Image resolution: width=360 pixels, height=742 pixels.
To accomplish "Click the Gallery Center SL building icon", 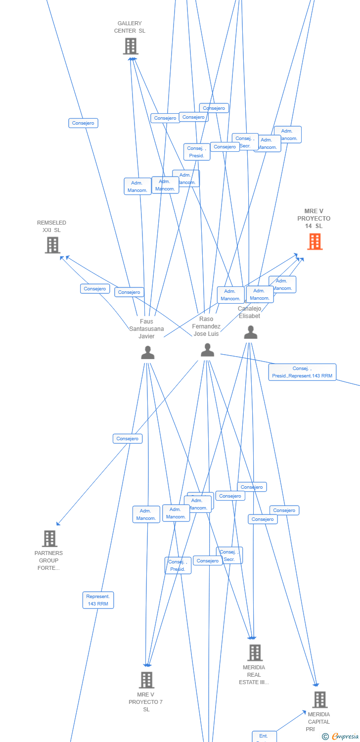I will pyautogui.click(x=131, y=46).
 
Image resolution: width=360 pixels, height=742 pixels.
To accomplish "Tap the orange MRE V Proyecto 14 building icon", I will pyautogui.click(x=315, y=241).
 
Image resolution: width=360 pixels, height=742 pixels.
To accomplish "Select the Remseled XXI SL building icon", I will pyautogui.click(x=52, y=245).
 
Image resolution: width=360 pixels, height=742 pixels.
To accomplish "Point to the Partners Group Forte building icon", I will pyautogui.click(x=49, y=539).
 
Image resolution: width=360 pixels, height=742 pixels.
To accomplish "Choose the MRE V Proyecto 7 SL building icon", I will pyautogui.click(x=146, y=680).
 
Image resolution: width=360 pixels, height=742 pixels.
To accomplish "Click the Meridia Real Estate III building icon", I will pyautogui.click(x=255, y=653).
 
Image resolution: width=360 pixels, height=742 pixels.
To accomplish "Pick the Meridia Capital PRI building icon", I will pyautogui.click(x=320, y=700).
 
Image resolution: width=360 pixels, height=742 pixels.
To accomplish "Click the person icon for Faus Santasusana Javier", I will pyautogui.click(x=147, y=352).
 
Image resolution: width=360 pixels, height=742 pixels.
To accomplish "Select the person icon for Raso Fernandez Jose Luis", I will pyautogui.click(x=208, y=350).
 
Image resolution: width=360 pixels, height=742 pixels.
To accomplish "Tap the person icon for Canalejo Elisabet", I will pyautogui.click(x=251, y=332).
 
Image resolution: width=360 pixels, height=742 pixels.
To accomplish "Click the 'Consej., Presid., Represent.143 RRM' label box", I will pyautogui.click(x=302, y=372).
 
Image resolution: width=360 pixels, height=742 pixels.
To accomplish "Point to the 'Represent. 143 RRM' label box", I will pyautogui.click(x=98, y=600).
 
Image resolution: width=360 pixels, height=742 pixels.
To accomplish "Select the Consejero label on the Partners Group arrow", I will pyautogui.click(x=128, y=439).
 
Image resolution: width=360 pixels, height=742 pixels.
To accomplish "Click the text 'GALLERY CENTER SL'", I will pyautogui.click(x=130, y=27).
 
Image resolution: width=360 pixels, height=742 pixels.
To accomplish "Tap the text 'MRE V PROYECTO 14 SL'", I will pyautogui.click(x=314, y=219).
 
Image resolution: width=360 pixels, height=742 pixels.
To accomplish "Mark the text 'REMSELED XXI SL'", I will pyautogui.click(x=51, y=227).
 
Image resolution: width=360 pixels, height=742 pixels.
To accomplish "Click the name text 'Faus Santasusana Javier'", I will pyautogui.click(x=146, y=329).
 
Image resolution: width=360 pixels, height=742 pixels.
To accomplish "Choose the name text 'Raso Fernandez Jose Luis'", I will pyautogui.click(x=207, y=326).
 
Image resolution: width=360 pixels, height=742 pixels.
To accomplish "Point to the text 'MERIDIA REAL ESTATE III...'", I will pyautogui.click(x=254, y=675).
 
